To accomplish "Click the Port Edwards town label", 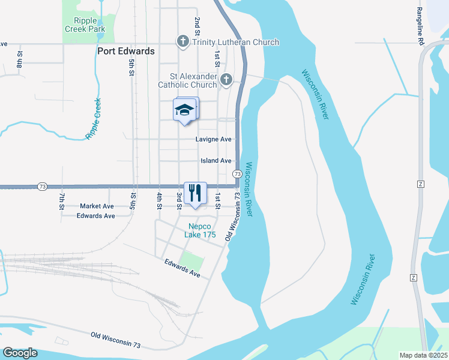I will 125,52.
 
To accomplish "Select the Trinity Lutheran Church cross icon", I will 182,42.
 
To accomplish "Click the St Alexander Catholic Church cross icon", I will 226,80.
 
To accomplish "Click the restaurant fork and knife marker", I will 194,193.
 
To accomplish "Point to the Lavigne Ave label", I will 213,139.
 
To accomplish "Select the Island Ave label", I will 215,161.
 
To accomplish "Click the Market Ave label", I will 97,206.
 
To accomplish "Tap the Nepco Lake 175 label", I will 201,230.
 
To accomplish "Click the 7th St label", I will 62,201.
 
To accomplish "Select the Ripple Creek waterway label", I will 94,119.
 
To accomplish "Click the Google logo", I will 20,353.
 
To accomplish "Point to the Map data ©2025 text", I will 424,355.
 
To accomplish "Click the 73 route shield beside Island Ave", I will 237,173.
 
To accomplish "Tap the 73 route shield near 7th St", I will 42,187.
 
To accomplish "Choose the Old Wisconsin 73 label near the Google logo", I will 116,340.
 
